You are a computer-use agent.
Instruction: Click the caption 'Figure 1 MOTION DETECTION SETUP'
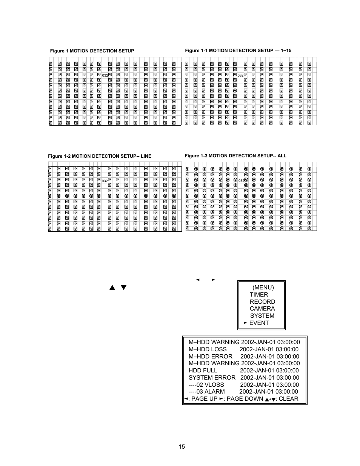[92, 51]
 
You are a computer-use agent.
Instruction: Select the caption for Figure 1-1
[238, 51]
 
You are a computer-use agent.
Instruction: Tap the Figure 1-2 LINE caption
[100, 156]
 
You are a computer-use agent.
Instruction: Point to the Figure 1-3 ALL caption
[235, 156]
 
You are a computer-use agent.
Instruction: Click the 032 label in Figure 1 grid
[105, 75]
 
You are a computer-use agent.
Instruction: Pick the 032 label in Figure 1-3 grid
[241, 181]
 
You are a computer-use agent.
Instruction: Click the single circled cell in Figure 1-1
[235, 91]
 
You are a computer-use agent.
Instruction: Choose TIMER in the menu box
[259, 295]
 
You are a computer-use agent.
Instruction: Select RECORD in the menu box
[262, 302]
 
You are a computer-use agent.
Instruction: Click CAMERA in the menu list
[262, 309]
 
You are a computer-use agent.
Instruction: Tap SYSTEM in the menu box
[262, 316]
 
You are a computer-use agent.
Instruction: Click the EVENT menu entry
[259, 323]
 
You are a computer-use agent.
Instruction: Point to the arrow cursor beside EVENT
[246, 323]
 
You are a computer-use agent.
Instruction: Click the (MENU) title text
[263, 288]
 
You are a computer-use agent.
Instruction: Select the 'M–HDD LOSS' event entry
[208, 349]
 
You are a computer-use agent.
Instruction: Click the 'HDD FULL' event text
[203, 371]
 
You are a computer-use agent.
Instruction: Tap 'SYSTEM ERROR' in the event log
[212, 378]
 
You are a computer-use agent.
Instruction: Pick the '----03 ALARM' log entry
[207, 392]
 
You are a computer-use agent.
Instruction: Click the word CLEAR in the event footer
[288, 399]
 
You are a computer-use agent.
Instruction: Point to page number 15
[182, 447]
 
